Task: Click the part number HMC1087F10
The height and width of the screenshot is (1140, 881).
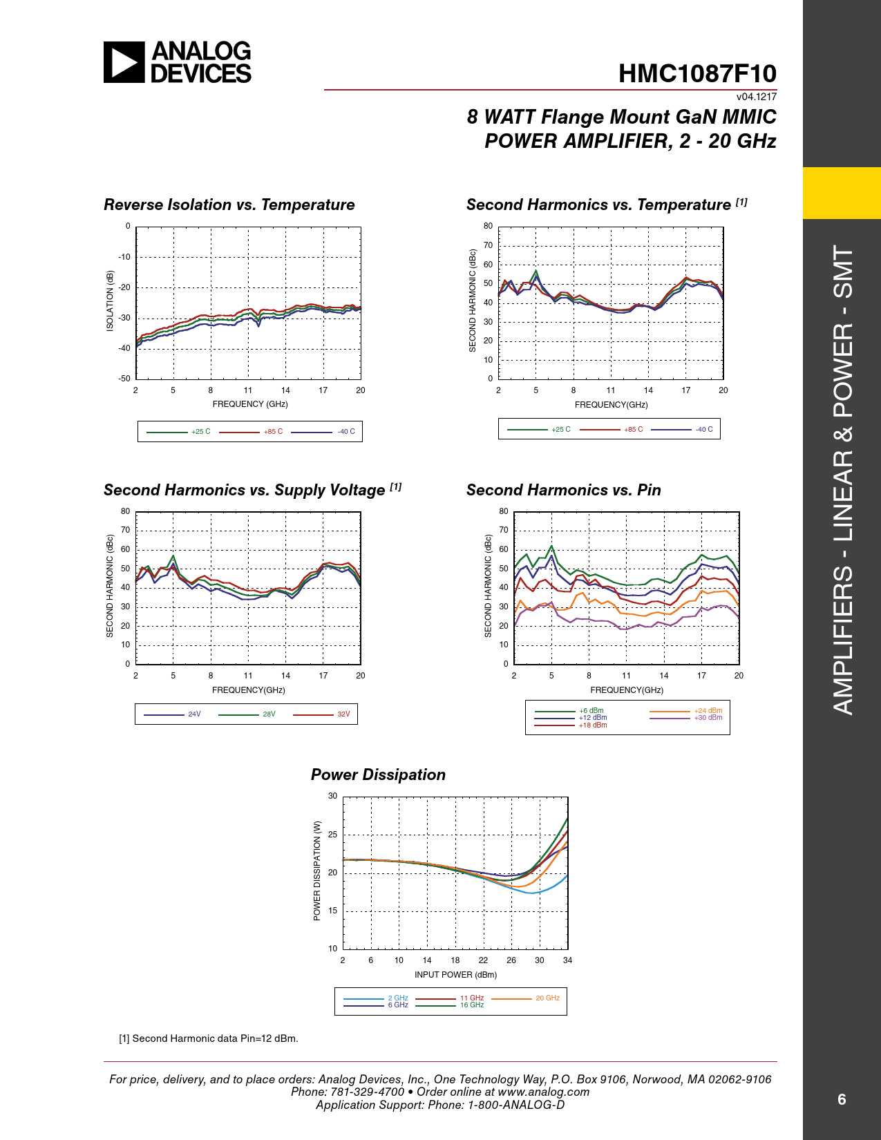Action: (697, 74)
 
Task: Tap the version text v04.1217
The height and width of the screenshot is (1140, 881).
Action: (756, 97)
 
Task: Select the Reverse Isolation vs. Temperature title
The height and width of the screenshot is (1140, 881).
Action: (229, 205)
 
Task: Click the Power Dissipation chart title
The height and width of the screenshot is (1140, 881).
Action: (378, 775)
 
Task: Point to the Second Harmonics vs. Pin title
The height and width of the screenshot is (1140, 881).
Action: (563, 491)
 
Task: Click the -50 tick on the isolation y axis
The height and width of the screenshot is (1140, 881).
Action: (124, 379)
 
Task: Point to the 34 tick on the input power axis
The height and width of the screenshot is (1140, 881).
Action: (567, 960)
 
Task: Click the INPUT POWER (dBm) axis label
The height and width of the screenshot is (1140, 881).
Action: (455, 975)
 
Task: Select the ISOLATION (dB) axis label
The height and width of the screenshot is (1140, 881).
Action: (110, 301)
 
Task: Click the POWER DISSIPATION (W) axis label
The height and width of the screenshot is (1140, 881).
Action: (317, 871)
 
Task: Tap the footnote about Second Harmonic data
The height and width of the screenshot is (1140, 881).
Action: (209, 1038)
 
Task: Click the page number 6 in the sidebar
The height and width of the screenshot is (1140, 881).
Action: (842, 1099)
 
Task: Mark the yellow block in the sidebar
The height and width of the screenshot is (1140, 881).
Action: (842, 193)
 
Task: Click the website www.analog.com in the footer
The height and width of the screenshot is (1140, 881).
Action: (543, 1092)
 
